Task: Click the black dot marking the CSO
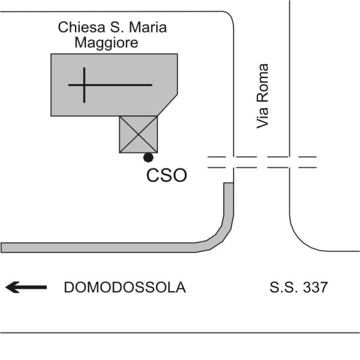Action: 148,157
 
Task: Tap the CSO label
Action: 167,176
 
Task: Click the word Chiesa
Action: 77,27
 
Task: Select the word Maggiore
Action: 106,43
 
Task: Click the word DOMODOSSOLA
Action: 125,288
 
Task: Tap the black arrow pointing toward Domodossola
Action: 26,288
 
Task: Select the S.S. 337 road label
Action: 299,288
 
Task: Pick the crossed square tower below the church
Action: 139,134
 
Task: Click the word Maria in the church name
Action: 146,27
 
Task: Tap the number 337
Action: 316,288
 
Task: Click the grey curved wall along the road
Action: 120,247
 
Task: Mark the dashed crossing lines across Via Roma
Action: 262,162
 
